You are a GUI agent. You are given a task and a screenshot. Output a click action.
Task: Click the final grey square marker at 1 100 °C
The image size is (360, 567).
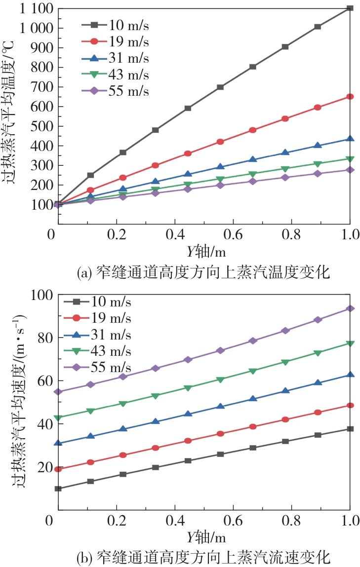350,8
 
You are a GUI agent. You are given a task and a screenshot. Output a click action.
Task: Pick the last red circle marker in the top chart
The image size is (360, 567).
350,96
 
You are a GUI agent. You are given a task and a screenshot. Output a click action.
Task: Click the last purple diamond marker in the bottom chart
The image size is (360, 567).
350,308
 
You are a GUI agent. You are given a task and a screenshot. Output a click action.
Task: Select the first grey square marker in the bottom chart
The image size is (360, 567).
58,489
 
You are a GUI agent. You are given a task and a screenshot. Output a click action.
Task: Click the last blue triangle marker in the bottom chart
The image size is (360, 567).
350,375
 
